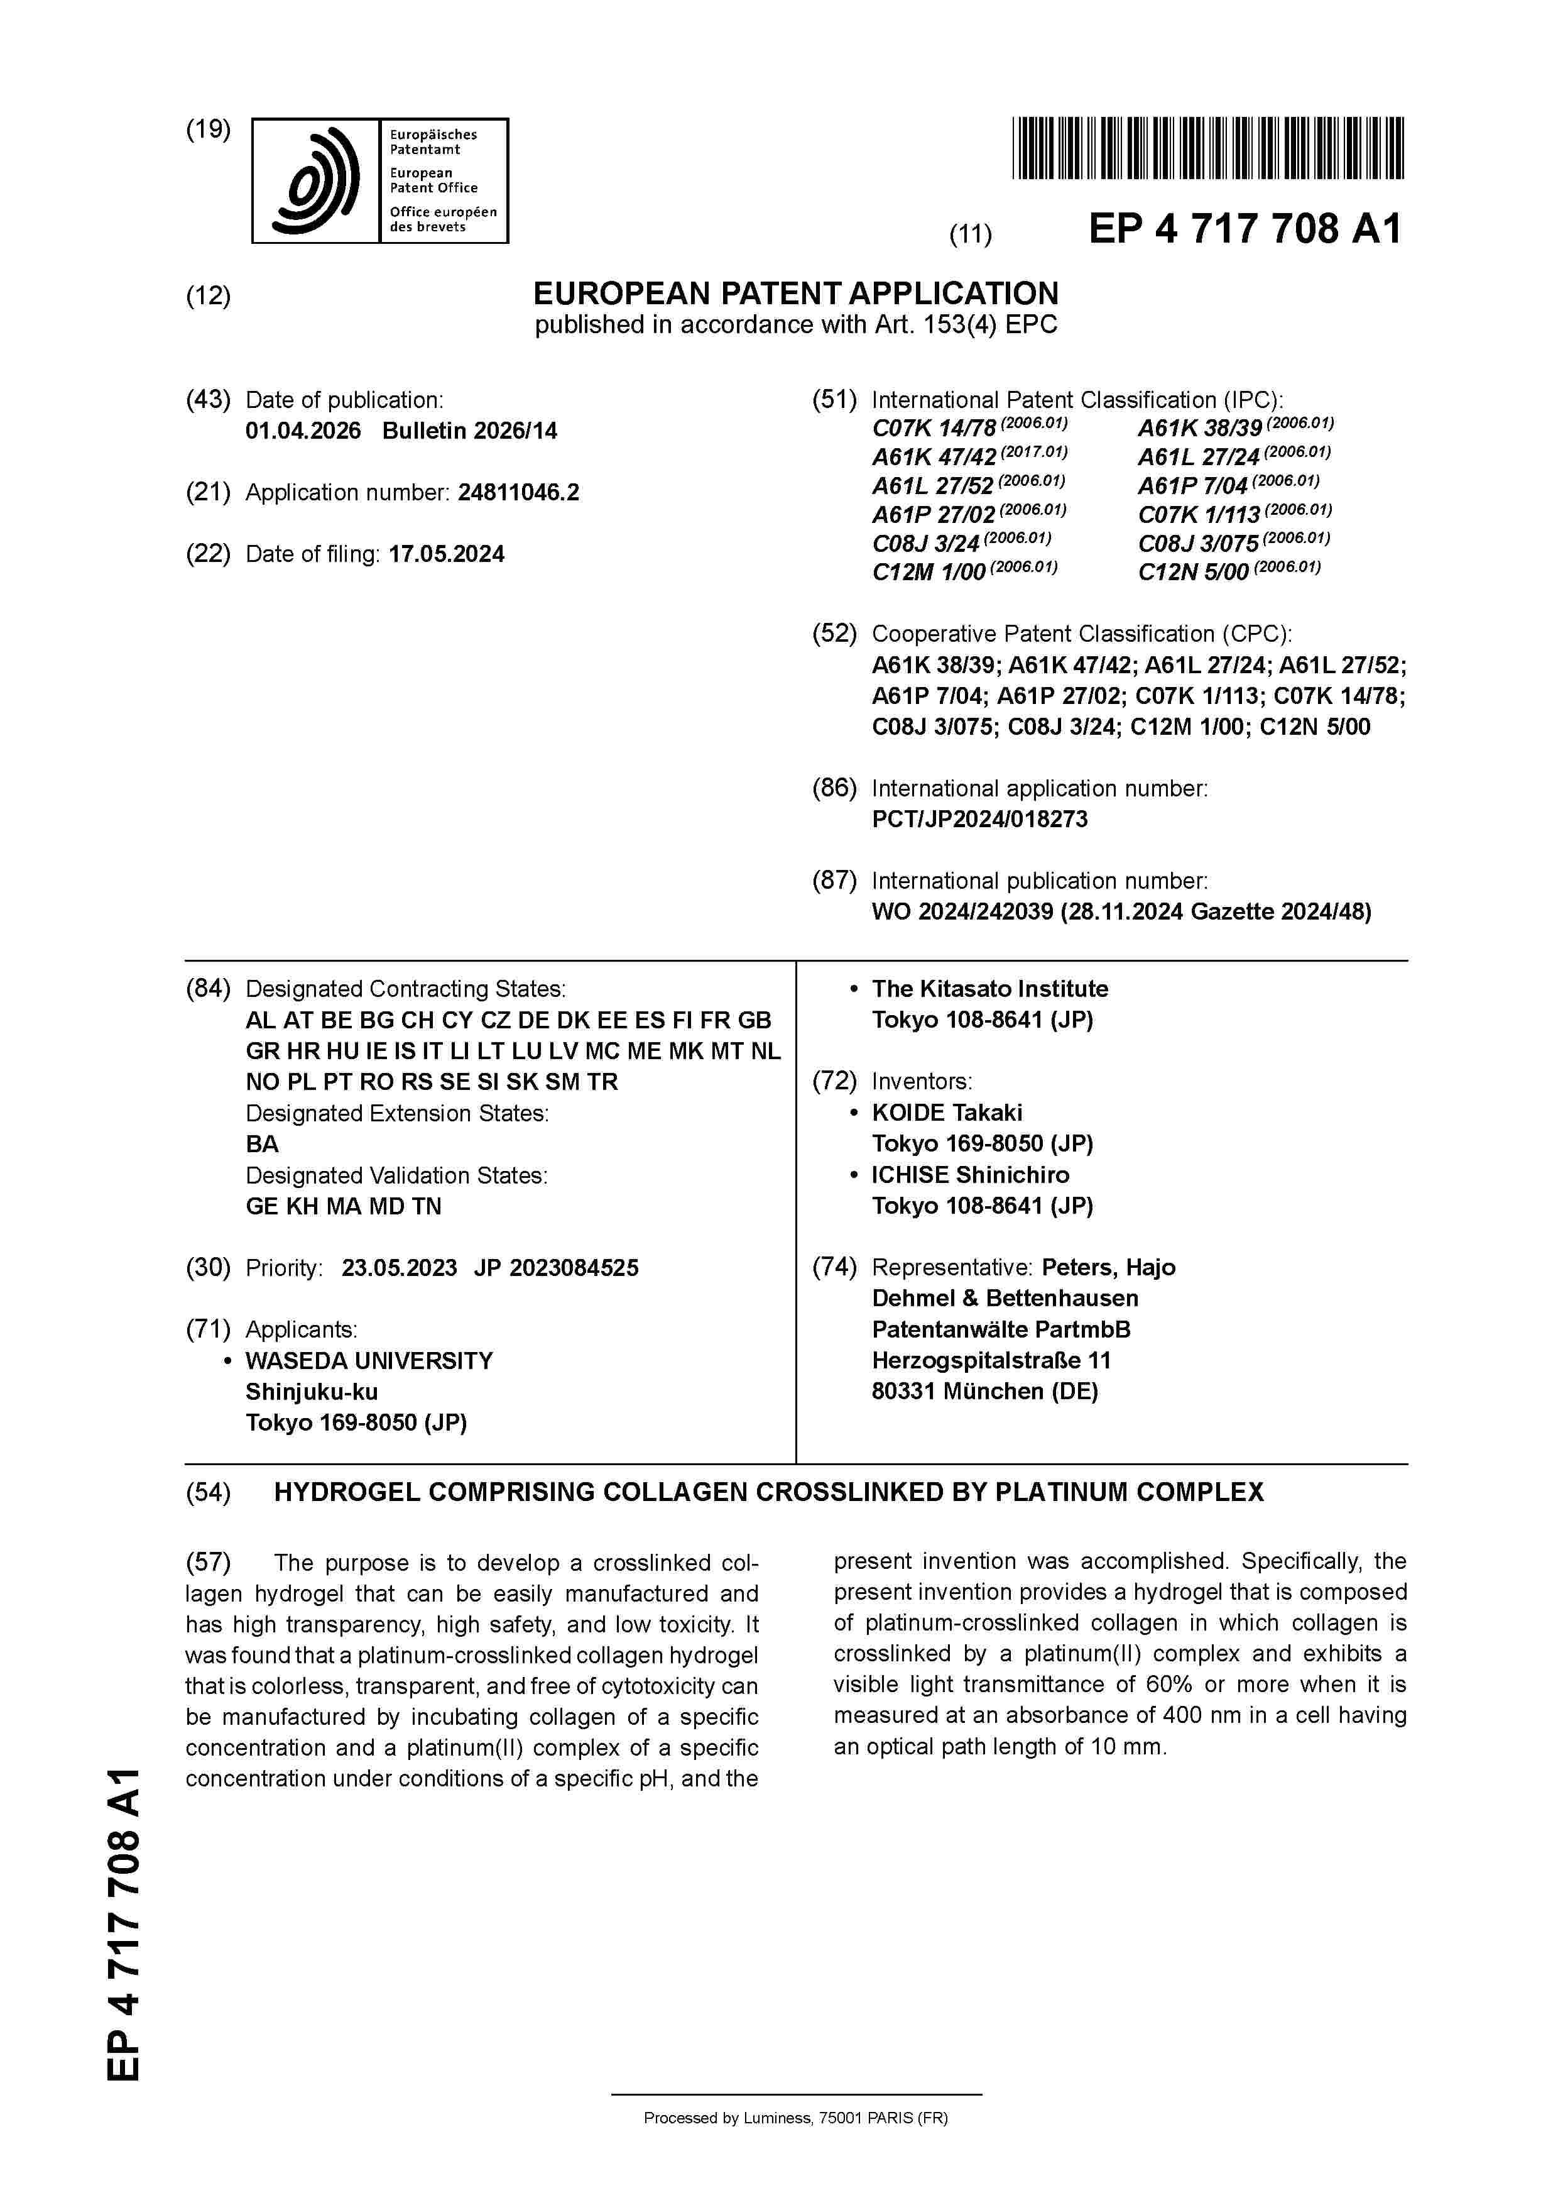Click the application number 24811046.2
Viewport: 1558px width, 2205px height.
click(518, 493)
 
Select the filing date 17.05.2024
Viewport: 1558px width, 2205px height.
click(447, 554)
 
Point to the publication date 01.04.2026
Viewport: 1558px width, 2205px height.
click(303, 431)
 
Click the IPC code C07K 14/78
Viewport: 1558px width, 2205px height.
click(933, 428)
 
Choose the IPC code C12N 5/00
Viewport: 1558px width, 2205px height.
click(1193, 573)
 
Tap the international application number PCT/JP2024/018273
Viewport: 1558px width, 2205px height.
click(979, 819)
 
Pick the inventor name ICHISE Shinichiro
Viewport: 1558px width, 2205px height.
click(969, 1175)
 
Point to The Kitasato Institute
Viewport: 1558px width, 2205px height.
click(989, 989)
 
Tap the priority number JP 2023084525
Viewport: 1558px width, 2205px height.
click(556, 1268)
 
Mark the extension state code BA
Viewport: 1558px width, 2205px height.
click(262, 1144)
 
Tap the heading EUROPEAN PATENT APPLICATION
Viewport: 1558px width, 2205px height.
click(796, 293)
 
